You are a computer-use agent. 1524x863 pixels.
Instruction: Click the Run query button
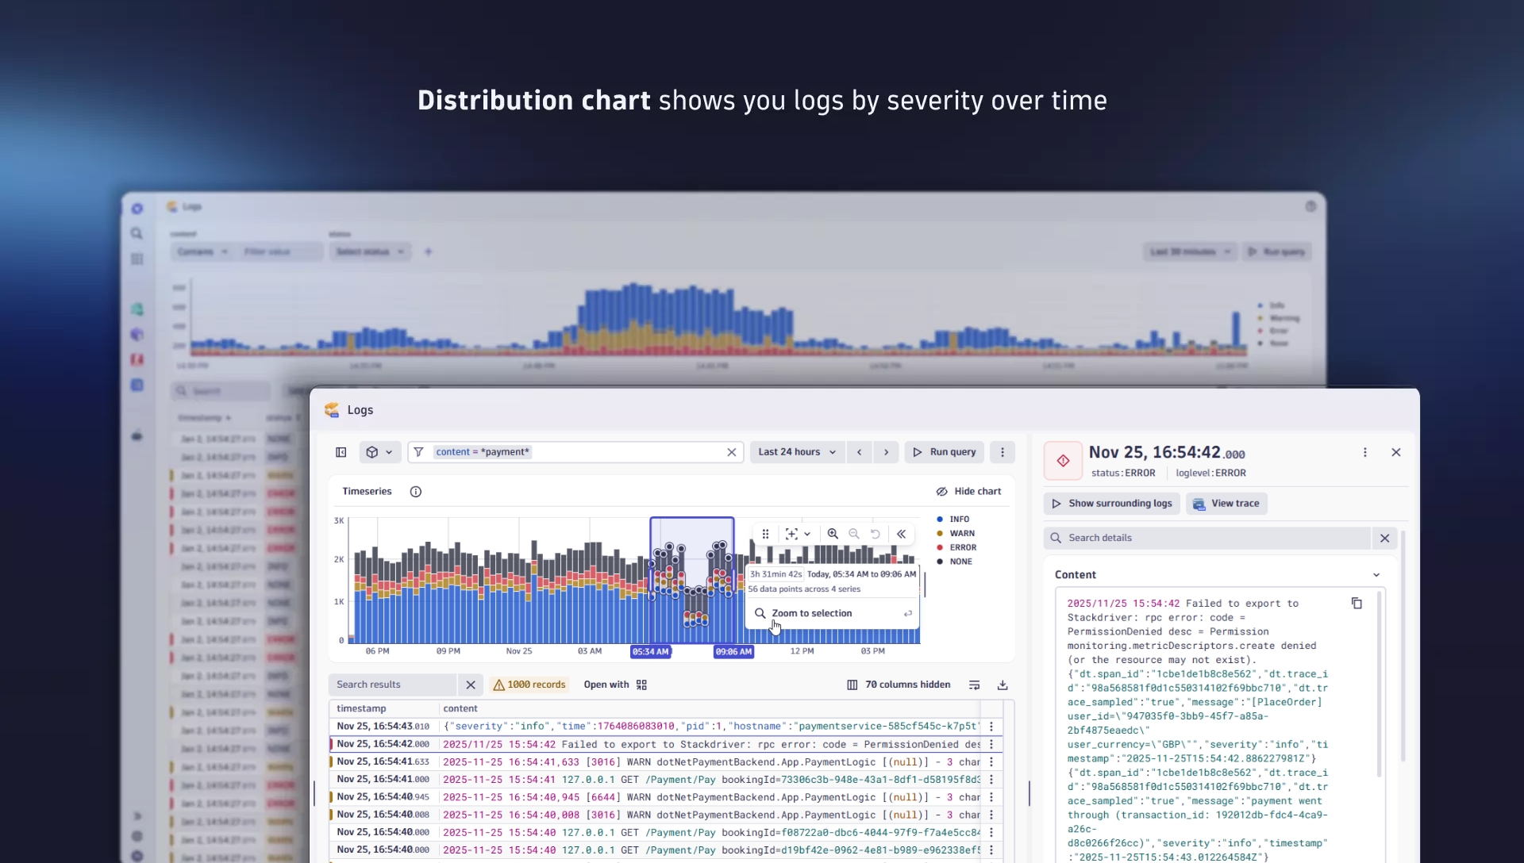point(944,452)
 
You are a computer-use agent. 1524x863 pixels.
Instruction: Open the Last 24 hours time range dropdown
point(797,452)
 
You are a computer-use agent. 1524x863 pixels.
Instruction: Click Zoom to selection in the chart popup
point(811,613)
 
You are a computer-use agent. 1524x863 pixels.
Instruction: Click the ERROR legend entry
point(962,547)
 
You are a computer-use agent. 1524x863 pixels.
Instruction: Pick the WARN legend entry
point(961,534)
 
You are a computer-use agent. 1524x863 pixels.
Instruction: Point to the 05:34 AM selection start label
point(650,652)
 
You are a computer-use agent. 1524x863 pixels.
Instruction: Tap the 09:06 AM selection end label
point(733,652)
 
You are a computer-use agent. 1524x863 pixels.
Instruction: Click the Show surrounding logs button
point(1111,504)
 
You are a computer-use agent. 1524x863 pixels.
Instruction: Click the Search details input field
point(1214,538)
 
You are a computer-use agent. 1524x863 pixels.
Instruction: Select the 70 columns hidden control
point(899,685)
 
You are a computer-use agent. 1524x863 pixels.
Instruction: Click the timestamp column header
point(361,708)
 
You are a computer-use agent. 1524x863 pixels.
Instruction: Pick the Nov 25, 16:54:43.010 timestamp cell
point(383,726)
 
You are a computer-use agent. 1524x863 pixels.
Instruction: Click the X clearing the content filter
point(732,452)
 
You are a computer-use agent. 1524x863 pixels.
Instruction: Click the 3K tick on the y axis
point(339,521)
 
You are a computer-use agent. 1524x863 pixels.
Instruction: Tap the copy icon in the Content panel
point(1357,604)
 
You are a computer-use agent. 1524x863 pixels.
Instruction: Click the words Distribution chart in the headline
point(533,101)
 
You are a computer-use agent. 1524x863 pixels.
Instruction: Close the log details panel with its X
point(1396,452)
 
